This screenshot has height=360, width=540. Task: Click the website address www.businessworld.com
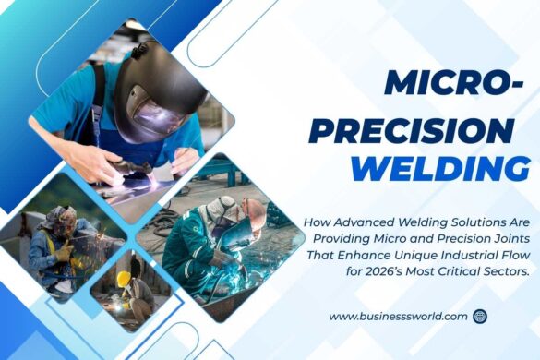pos(398,316)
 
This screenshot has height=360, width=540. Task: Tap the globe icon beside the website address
pos(479,316)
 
